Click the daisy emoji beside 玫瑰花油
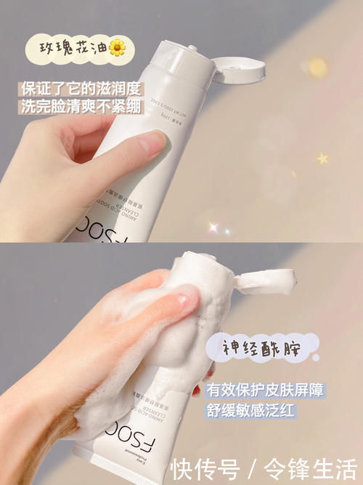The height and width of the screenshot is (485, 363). (118, 48)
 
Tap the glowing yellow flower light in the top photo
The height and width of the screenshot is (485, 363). (317, 67)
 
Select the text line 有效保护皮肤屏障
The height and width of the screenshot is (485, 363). (264, 390)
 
